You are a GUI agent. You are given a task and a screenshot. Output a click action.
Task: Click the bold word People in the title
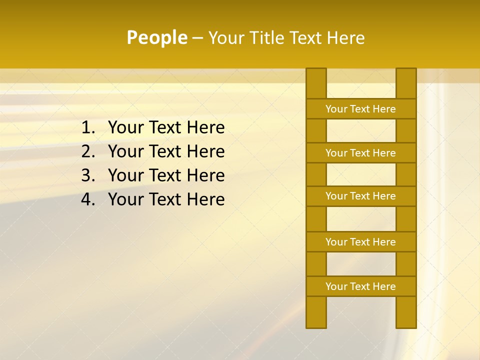click(156, 37)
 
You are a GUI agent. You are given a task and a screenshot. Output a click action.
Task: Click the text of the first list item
click(166, 128)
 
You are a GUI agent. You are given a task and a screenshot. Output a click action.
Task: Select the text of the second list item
click(166, 151)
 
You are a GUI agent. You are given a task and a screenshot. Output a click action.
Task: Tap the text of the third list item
click(166, 175)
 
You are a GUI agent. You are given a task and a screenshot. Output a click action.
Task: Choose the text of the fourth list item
click(166, 199)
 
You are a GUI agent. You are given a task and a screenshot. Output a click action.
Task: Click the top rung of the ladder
click(361, 109)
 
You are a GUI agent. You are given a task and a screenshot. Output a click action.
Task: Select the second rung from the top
click(361, 153)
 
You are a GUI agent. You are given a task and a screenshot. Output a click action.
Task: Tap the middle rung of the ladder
click(361, 196)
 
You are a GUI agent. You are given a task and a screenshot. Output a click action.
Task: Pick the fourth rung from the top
click(361, 242)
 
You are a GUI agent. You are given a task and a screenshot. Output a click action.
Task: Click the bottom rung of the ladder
click(361, 286)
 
